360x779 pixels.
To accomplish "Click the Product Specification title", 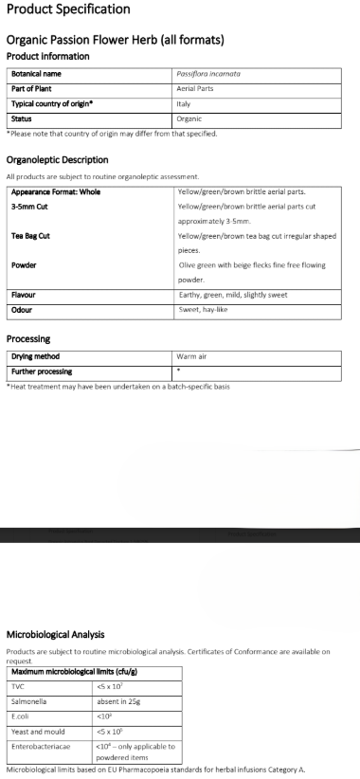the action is (x=68, y=9).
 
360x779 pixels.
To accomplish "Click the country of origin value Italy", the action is (x=184, y=103).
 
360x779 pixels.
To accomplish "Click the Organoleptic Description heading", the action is (x=57, y=160).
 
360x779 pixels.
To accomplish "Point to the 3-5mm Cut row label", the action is (x=29, y=206).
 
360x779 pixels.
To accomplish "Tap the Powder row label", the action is (x=24, y=265).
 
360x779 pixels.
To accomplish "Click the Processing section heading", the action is (x=28, y=338).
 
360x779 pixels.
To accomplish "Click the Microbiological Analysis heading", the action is (x=69, y=634).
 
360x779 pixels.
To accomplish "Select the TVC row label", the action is (x=18, y=685).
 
